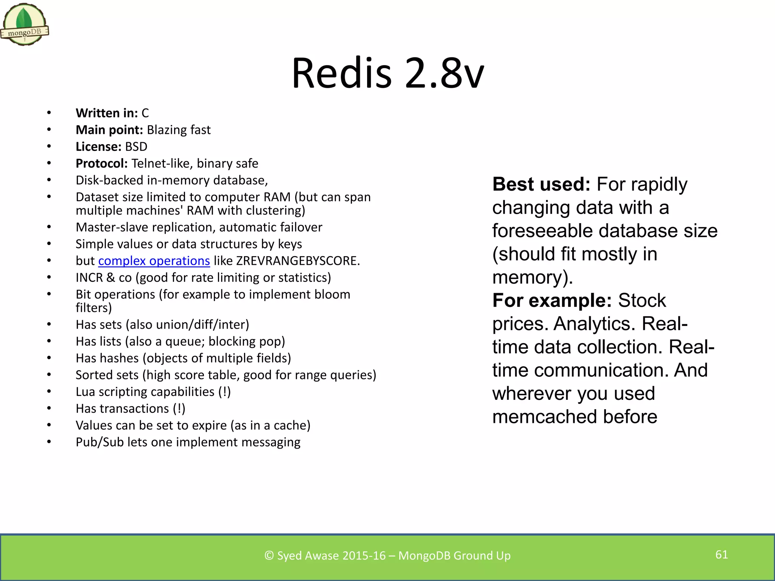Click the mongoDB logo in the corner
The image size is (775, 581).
[25, 25]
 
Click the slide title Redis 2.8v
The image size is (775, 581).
[387, 73]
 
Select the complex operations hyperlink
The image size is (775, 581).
[154, 261]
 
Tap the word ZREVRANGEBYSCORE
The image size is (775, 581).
[297, 261]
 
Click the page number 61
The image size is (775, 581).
[721, 555]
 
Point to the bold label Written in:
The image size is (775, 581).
[107, 113]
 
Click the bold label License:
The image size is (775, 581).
[98, 147]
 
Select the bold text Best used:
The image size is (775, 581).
[541, 185]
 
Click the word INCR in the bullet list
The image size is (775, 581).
[89, 278]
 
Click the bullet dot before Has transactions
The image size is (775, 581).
[49, 409]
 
